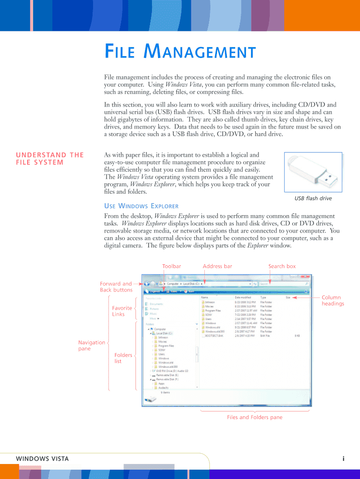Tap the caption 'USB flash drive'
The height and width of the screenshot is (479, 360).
click(x=313, y=198)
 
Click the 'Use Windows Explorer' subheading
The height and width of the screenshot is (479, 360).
click(x=141, y=206)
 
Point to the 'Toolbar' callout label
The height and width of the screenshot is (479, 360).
click(x=172, y=266)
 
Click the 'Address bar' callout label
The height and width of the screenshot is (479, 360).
click(x=217, y=266)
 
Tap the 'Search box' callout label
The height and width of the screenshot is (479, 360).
click(x=282, y=266)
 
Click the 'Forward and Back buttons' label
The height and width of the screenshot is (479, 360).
click(x=116, y=287)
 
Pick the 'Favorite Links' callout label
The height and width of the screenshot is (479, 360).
click(x=122, y=311)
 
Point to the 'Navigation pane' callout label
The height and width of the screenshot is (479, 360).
click(x=92, y=345)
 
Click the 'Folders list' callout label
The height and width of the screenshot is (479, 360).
click(x=123, y=358)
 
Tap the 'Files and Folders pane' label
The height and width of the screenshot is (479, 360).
click(x=255, y=417)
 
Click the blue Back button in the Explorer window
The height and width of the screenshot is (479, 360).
click(x=148, y=283)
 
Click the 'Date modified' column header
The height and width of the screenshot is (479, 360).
click(x=243, y=297)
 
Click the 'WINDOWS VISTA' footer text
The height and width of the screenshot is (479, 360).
click(x=42, y=459)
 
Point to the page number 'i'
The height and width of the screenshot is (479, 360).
click(x=343, y=459)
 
